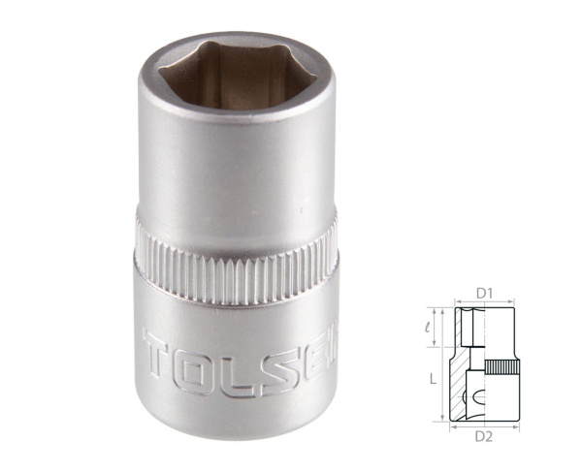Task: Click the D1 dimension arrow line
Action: pos(484,302)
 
